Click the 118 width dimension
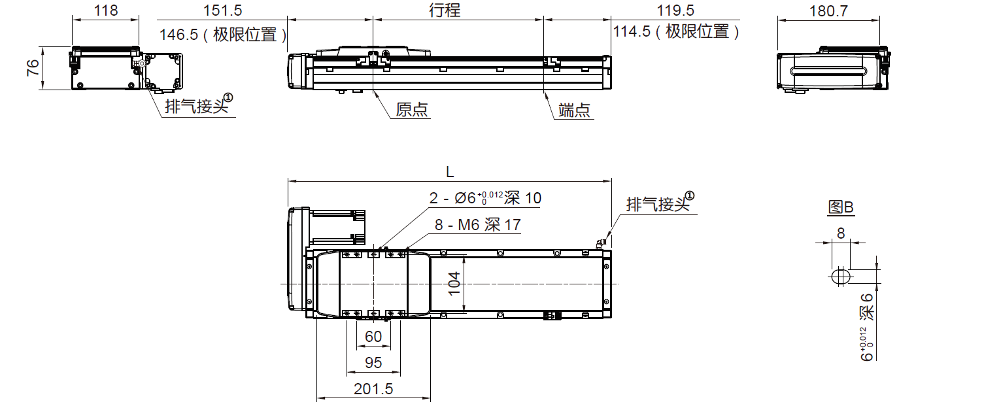(105, 10)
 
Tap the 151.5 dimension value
(223, 10)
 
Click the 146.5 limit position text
(222, 34)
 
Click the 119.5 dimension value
(675, 10)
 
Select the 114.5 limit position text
(676, 32)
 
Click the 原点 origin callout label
(412, 110)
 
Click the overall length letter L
(449, 172)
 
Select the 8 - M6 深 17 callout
(477, 225)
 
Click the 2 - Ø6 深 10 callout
(485, 197)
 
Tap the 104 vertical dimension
(455, 284)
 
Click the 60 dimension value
(373, 337)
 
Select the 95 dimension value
(373, 363)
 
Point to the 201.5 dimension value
(373, 389)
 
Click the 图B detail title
(841, 207)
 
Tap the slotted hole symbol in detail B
(841, 276)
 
